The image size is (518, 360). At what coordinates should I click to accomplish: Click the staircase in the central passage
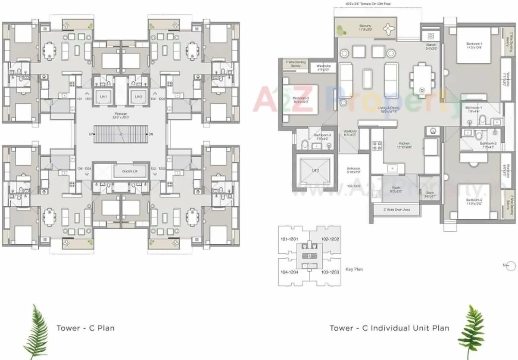tap(121, 135)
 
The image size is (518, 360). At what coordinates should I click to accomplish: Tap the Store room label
tap(429, 194)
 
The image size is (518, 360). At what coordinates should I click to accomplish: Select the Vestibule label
tap(349, 133)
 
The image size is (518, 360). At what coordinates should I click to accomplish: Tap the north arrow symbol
tap(511, 266)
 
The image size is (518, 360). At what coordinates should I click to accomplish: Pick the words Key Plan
tap(354, 269)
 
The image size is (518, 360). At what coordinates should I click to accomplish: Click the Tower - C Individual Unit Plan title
tap(389, 328)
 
